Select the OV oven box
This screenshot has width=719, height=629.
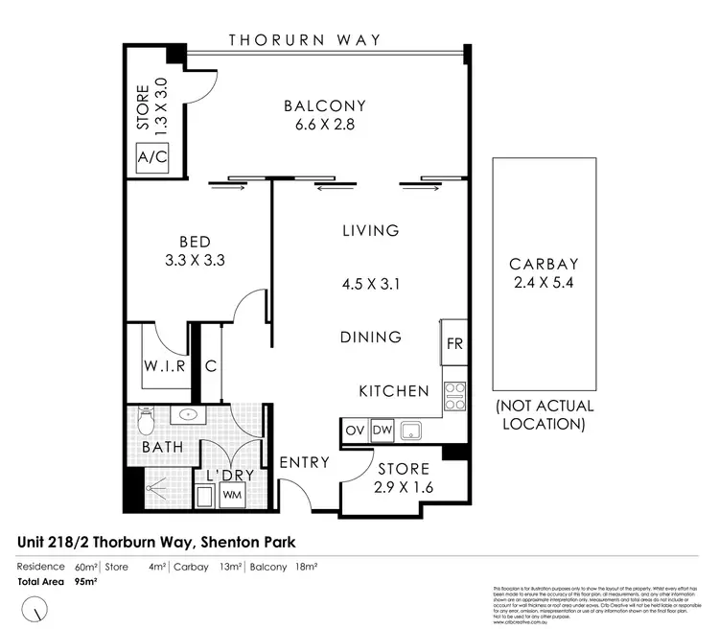(354, 431)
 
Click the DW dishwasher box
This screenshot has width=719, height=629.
(381, 431)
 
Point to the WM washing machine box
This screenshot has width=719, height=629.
(232, 494)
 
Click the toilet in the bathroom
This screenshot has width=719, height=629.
(144, 420)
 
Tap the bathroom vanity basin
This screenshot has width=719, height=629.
(185, 415)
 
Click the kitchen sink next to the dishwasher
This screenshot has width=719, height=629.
(413, 431)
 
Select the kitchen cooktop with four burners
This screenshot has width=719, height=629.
(453, 394)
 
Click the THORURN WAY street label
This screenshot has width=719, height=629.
(305, 40)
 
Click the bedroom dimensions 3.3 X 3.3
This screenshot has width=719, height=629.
(195, 259)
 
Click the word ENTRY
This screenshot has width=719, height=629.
(304, 462)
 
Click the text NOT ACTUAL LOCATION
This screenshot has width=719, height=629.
(542, 414)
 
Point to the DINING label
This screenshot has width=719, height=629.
(370, 338)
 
